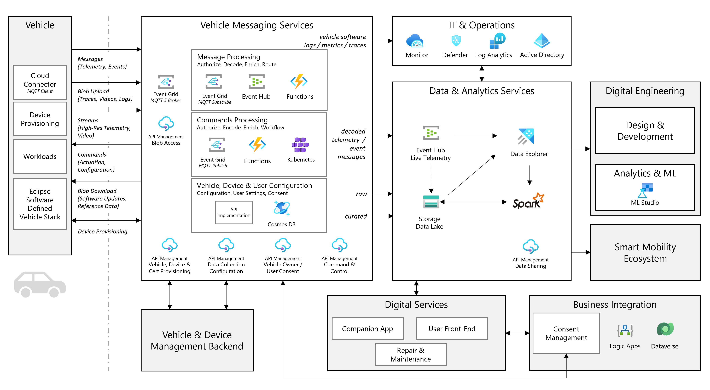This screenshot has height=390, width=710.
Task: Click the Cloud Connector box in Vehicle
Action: pos(40,82)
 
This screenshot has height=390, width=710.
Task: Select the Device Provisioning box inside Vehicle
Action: pos(40,119)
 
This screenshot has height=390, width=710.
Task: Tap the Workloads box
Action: pos(40,156)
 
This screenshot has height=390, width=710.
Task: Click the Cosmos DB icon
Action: pos(281,208)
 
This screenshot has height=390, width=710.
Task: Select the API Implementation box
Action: pos(234,212)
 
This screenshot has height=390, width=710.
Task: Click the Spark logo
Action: pos(528,201)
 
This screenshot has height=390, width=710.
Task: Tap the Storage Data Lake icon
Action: pos(431,202)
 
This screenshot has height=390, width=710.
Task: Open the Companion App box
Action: pos(367,329)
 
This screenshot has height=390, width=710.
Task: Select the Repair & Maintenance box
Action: pos(411,355)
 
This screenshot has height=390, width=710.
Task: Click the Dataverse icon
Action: pos(665,329)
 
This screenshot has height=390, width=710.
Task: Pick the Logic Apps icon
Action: pos(625,330)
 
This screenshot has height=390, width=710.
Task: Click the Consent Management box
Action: pos(566,333)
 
